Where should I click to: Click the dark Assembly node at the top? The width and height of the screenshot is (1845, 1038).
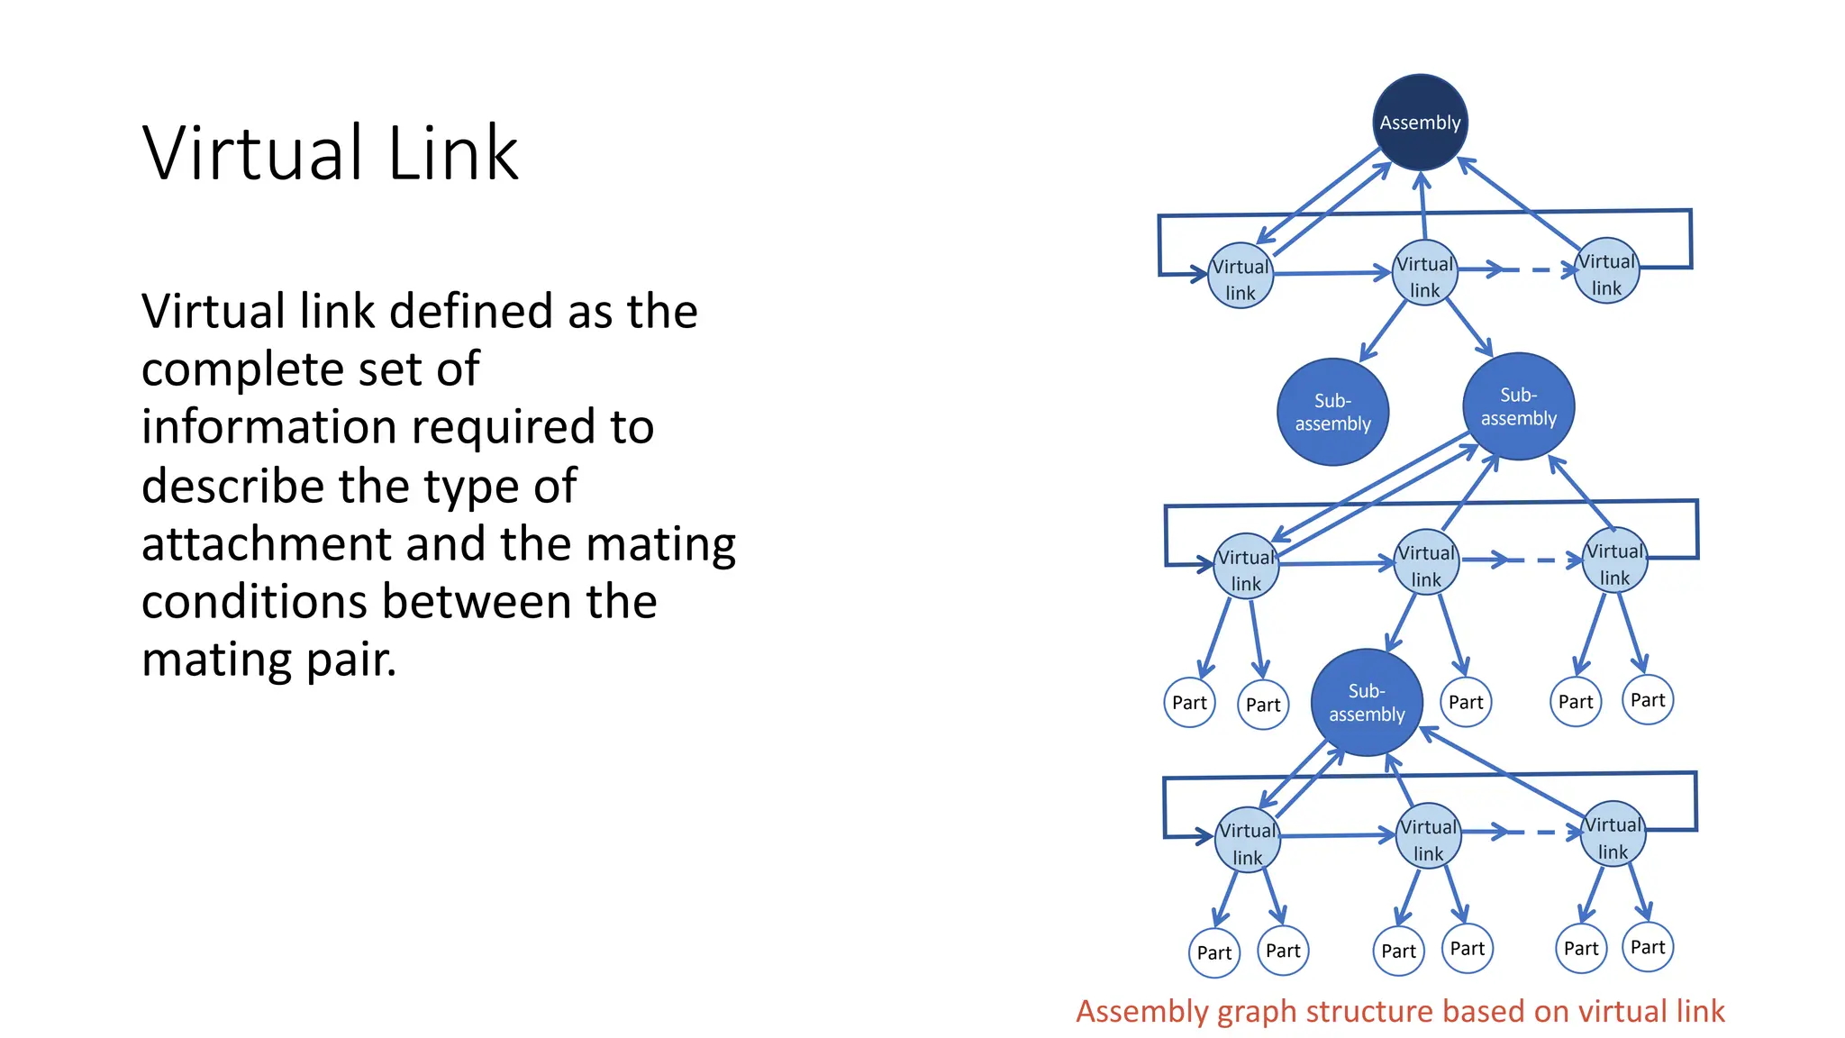click(x=1420, y=123)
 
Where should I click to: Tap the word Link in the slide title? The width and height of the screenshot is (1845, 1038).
click(x=453, y=153)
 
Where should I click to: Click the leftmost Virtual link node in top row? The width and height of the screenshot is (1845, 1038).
click(x=1240, y=277)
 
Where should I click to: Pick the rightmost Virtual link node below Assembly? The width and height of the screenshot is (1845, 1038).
click(x=1606, y=271)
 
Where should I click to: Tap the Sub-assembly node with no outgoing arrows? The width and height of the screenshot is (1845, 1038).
click(x=1332, y=412)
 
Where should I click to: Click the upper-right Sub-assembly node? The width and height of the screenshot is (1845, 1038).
click(x=1518, y=406)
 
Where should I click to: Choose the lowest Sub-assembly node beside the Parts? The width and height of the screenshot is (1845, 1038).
click(x=1366, y=702)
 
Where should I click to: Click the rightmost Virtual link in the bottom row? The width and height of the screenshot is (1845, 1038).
click(x=1613, y=834)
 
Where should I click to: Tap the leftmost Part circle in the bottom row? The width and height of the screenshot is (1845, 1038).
click(x=1213, y=952)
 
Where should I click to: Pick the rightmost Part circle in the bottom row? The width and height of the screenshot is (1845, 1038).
click(x=1648, y=947)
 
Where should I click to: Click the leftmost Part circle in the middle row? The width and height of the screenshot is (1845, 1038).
click(x=1189, y=703)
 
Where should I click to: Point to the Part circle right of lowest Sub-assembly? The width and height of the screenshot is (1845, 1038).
click(x=1466, y=702)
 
